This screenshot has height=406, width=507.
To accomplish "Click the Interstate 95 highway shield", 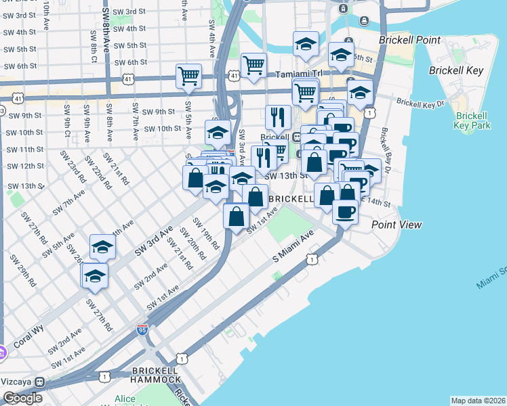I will [x=142, y=330].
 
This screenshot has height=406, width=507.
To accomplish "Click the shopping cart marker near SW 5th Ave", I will [x=188, y=76].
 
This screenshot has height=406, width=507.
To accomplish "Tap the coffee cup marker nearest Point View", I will [x=345, y=212].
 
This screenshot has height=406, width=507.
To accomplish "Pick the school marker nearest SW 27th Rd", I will [x=95, y=276].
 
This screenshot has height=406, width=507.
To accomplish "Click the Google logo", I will [x=22, y=398].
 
